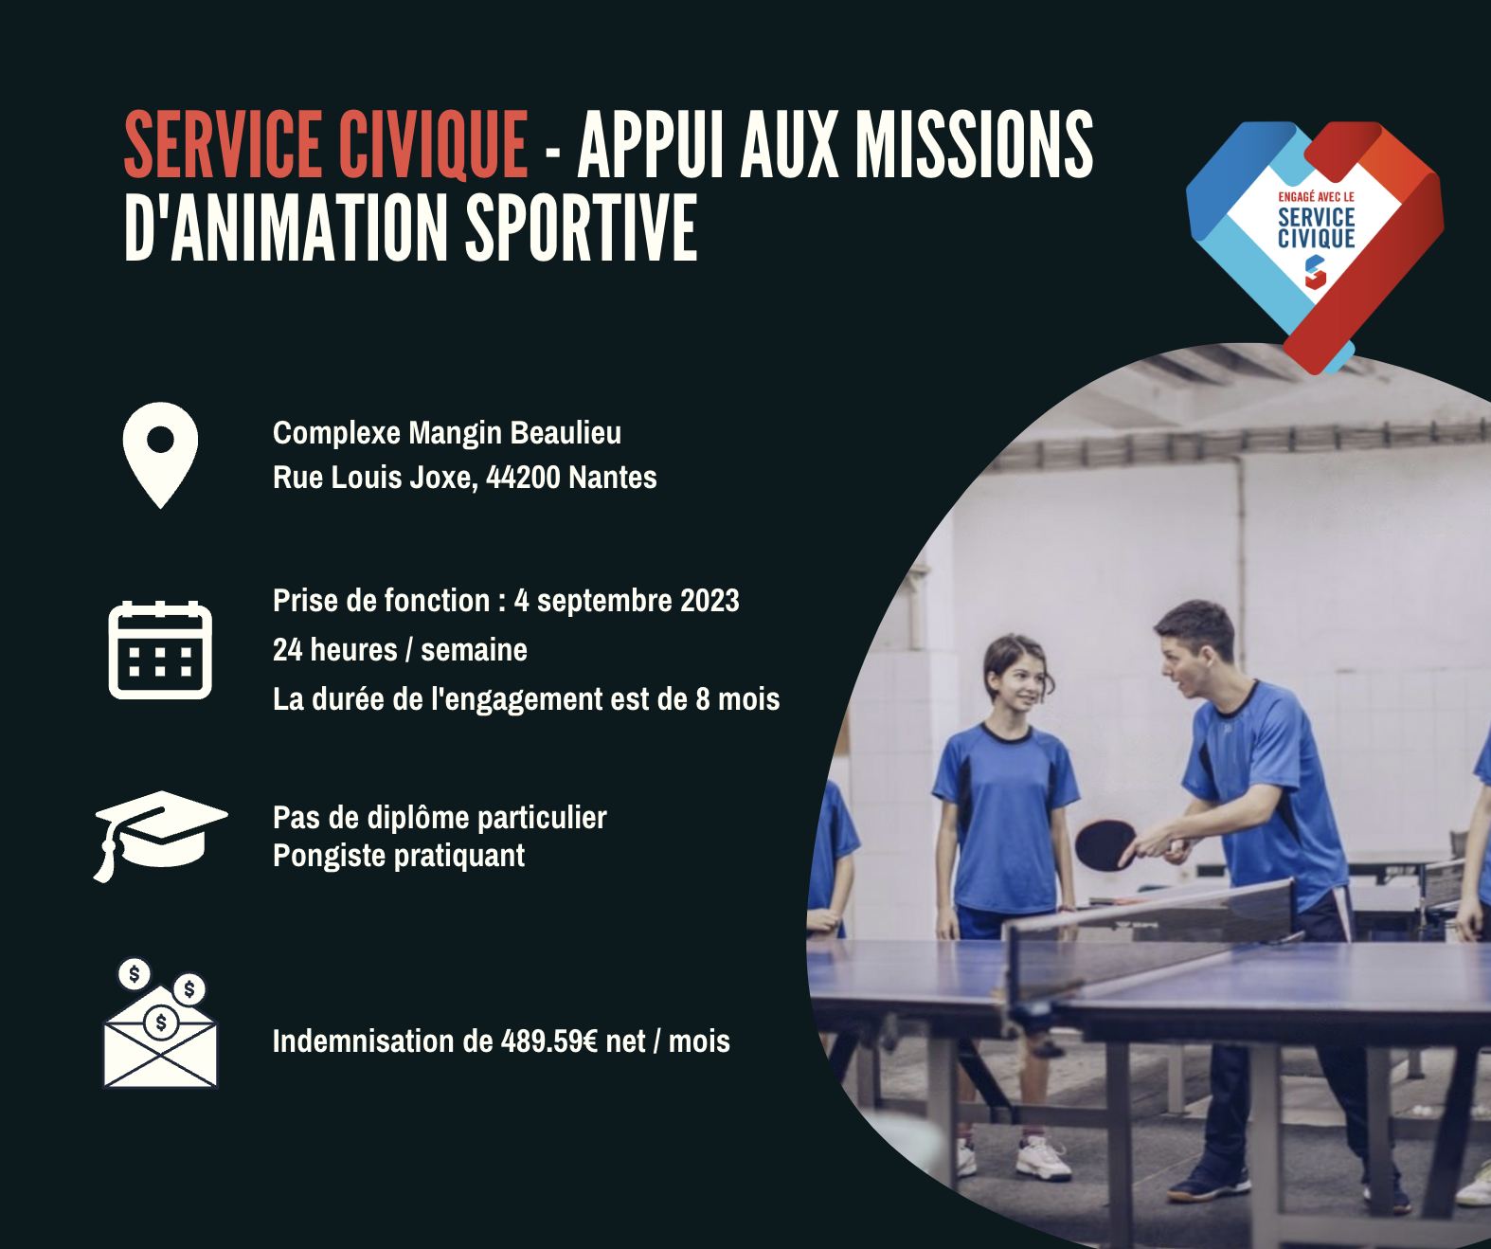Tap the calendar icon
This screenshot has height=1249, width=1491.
[x=160, y=649]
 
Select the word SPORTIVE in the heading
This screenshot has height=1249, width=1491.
[x=582, y=228]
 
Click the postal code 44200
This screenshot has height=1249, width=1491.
[x=523, y=478]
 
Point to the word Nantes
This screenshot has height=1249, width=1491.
[x=613, y=478]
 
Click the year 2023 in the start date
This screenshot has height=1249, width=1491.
[x=710, y=601]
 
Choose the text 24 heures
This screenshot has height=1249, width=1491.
[x=335, y=650]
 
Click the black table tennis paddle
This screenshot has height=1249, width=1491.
[x=1104, y=844]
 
